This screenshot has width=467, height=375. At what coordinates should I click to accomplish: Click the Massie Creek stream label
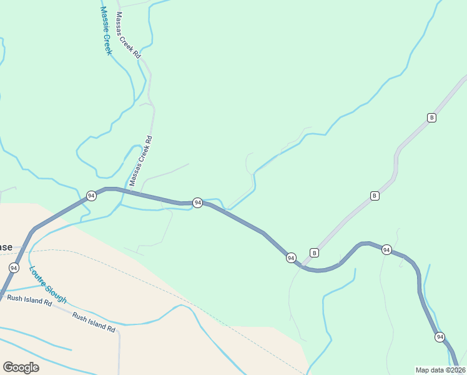click(106, 31)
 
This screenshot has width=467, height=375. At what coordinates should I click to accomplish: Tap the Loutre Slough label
click(47, 285)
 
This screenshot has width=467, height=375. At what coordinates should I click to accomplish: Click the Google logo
click(21, 367)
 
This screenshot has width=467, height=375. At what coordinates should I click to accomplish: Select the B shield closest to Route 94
click(314, 252)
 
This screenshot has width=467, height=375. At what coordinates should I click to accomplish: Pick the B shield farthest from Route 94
click(431, 117)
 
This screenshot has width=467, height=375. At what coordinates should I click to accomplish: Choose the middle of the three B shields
click(375, 196)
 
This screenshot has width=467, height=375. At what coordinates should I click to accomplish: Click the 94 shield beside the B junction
click(291, 257)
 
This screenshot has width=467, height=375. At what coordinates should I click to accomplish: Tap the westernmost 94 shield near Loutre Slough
click(14, 267)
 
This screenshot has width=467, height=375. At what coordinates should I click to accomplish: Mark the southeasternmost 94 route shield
click(440, 337)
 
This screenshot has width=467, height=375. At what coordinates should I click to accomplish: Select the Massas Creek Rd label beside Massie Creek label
click(129, 36)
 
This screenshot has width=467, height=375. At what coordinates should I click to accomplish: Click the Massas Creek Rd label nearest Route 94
click(140, 161)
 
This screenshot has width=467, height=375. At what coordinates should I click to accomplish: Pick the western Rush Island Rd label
click(29, 299)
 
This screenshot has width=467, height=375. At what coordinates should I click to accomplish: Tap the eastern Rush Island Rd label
click(94, 321)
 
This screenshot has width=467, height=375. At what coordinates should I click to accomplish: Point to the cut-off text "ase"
click(5, 247)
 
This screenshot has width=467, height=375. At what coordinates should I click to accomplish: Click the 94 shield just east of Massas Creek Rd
click(197, 202)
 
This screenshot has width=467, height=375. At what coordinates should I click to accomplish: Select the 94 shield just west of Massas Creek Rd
click(91, 196)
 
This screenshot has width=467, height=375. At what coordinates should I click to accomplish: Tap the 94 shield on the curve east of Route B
click(386, 250)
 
